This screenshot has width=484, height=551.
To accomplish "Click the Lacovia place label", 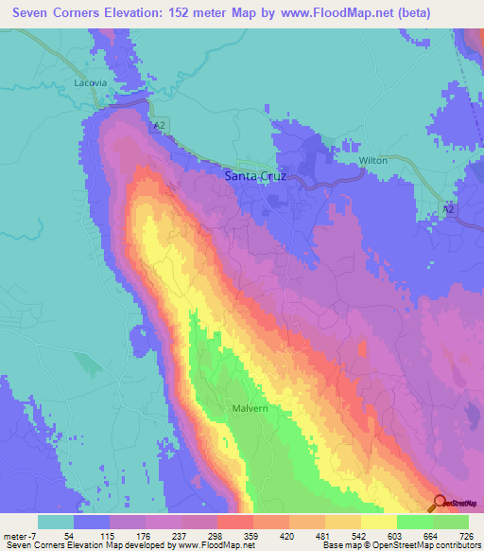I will pyautogui.click(x=93, y=83).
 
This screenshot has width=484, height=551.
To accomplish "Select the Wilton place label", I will pyautogui.click(x=373, y=161).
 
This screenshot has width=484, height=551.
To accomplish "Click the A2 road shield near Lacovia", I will pyautogui.click(x=156, y=124).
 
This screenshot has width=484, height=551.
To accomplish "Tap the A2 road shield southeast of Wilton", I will pyautogui.click(x=449, y=207).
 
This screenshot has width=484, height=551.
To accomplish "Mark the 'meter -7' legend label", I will pyautogui.click(x=20, y=535).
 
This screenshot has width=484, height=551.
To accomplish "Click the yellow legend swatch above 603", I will pyautogui.click(x=378, y=522).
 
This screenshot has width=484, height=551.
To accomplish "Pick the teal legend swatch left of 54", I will pyautogui.click(x=56, y=522).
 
